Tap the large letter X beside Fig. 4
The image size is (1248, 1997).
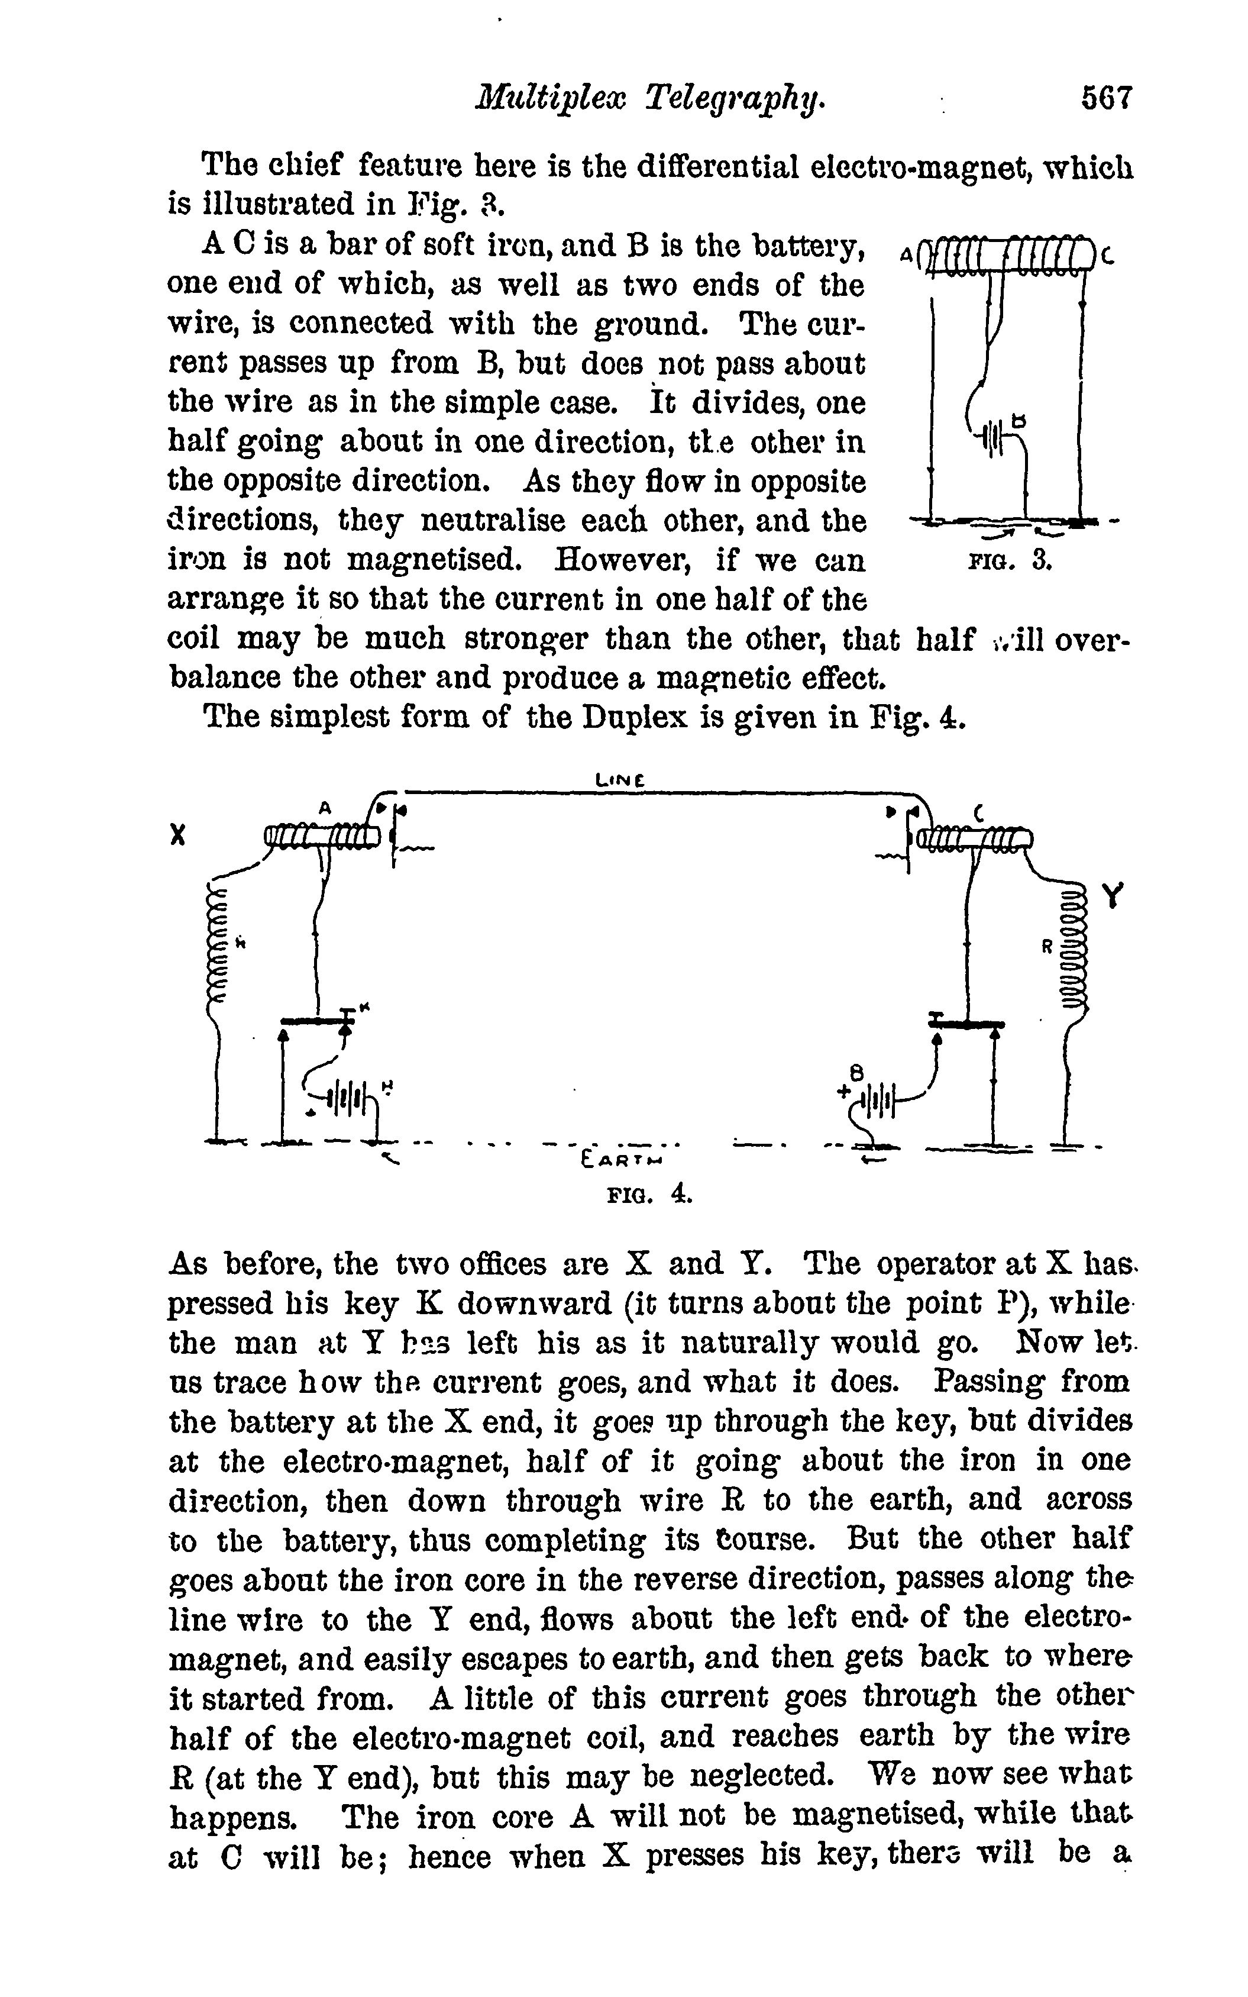click(176, 835)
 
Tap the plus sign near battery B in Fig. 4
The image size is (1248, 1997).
click(842, 1091)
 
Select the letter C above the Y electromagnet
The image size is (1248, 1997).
click(979, 812)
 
